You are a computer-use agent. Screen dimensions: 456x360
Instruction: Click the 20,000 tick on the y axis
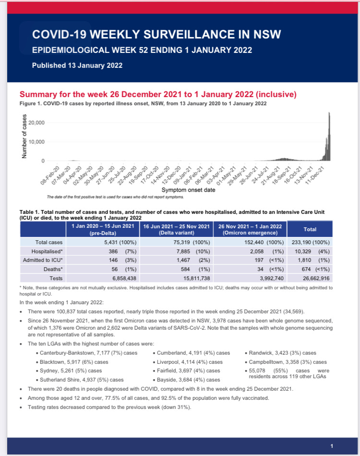click(x=36, y=123)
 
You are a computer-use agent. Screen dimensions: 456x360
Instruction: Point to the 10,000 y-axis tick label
click(x=36, y=142)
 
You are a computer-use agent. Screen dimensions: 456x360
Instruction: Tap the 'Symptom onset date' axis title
click(x=188, y=190)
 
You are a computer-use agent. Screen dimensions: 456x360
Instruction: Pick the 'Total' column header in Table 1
click(x=310, y=229)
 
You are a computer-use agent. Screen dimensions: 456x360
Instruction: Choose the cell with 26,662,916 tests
click(x=310, y=278)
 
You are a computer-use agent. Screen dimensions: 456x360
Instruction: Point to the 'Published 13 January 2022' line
click(x=77, y=65)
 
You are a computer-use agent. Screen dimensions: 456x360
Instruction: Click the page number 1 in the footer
click(x=332, y=446)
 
